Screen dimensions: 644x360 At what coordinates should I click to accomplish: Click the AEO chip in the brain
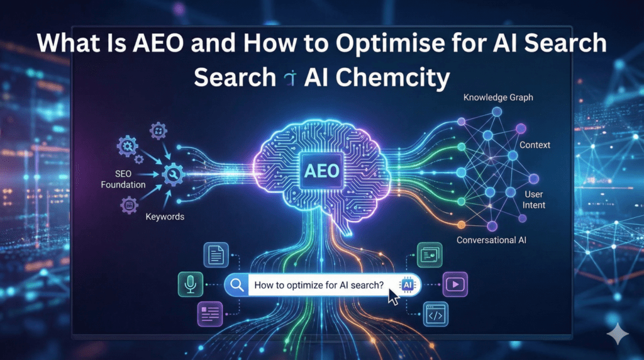click(321, 171)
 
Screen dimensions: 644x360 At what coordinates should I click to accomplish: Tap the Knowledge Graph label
click(498, 98)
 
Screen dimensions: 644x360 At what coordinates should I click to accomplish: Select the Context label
click(535, 145)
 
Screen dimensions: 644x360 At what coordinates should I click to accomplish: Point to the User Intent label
click(534, 200)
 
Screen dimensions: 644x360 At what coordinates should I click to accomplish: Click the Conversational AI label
click(491, 240)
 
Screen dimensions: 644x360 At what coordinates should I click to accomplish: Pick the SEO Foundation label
click(123, 179)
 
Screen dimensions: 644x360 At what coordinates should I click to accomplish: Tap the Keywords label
click(165, 217)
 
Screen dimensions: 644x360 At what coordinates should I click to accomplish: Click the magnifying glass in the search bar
click(237, 284)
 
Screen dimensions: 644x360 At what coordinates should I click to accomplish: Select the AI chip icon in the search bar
click(408, 285)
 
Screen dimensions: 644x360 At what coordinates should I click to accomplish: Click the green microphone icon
click(191, 284)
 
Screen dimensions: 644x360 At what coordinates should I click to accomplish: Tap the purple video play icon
click(455, 284)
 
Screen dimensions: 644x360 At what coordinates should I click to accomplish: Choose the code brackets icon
click(435, 315)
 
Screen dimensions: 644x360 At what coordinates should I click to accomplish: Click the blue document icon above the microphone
click(216, 255)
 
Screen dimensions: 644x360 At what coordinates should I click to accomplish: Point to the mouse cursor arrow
click(393, 296)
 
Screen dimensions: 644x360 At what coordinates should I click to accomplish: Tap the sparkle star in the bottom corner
click(618, 334)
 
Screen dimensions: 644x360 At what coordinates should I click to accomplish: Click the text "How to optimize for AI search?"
click(319, 285)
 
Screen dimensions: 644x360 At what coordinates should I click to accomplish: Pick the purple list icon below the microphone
click(210, 314)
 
